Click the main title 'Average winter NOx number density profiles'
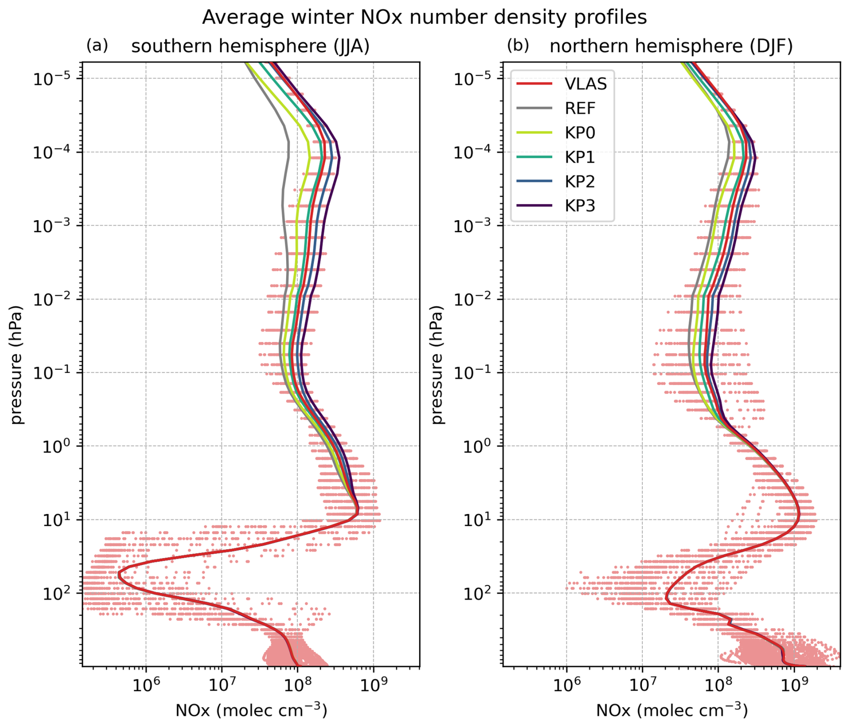(424, 18)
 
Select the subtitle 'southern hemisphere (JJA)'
(250, 46)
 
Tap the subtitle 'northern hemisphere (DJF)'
(671, 46)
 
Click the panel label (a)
(97, 45)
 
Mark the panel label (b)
(518, 45)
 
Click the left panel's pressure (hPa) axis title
(16, 364)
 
